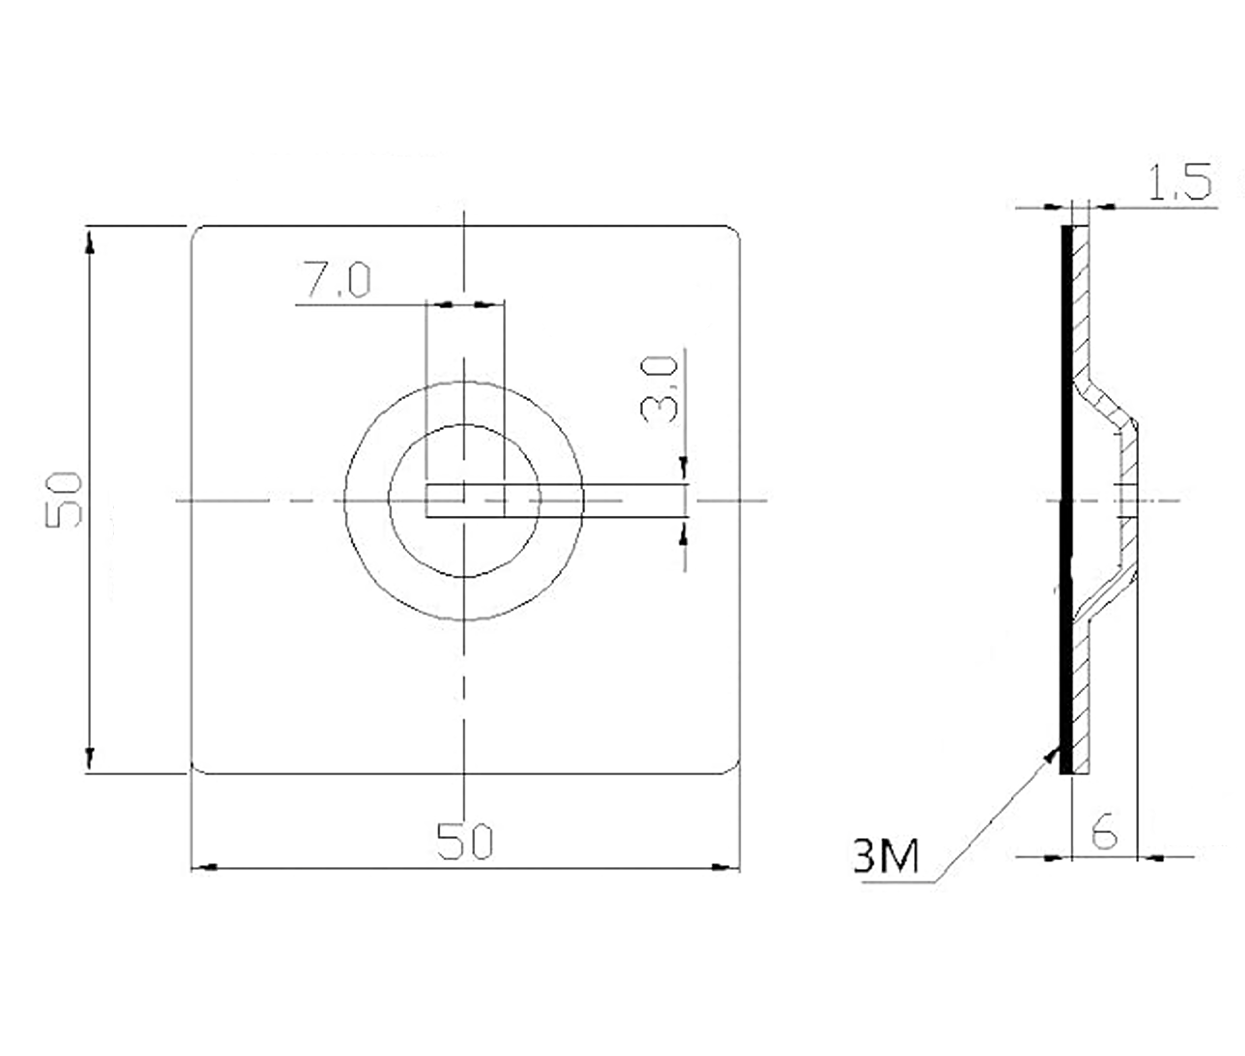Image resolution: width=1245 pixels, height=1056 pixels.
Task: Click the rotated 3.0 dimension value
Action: click(659, 389)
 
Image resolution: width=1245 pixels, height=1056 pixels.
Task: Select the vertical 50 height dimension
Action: click(63, 499)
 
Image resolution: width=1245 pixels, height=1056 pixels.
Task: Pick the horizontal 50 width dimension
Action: click(464, 841)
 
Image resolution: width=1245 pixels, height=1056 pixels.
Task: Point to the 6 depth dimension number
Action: click(1104, 831)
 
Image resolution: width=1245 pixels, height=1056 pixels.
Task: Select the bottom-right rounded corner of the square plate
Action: click(733, 767)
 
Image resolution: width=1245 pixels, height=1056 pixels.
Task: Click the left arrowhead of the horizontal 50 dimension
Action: click(205, 867)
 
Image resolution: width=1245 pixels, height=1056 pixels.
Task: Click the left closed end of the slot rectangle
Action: click(427, 500)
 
